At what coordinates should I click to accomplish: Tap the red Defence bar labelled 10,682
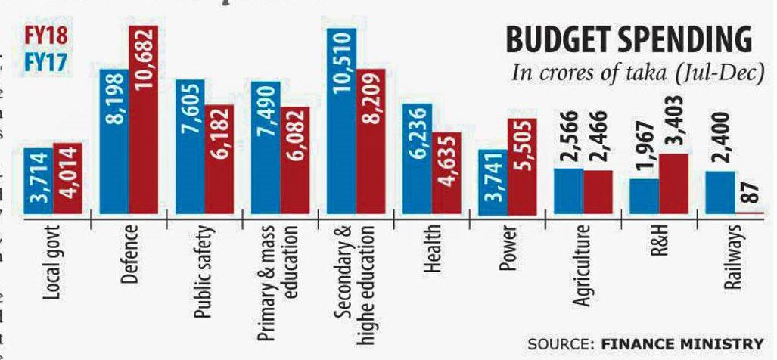tap(143, 121)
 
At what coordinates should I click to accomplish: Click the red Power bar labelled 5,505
tap(522, 166)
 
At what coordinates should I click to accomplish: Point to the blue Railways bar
tap(720, 194)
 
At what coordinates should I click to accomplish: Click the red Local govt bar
tap(67, 180)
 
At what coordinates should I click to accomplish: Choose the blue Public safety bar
tap(190, 147)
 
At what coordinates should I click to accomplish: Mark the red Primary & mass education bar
tap(294, 160)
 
